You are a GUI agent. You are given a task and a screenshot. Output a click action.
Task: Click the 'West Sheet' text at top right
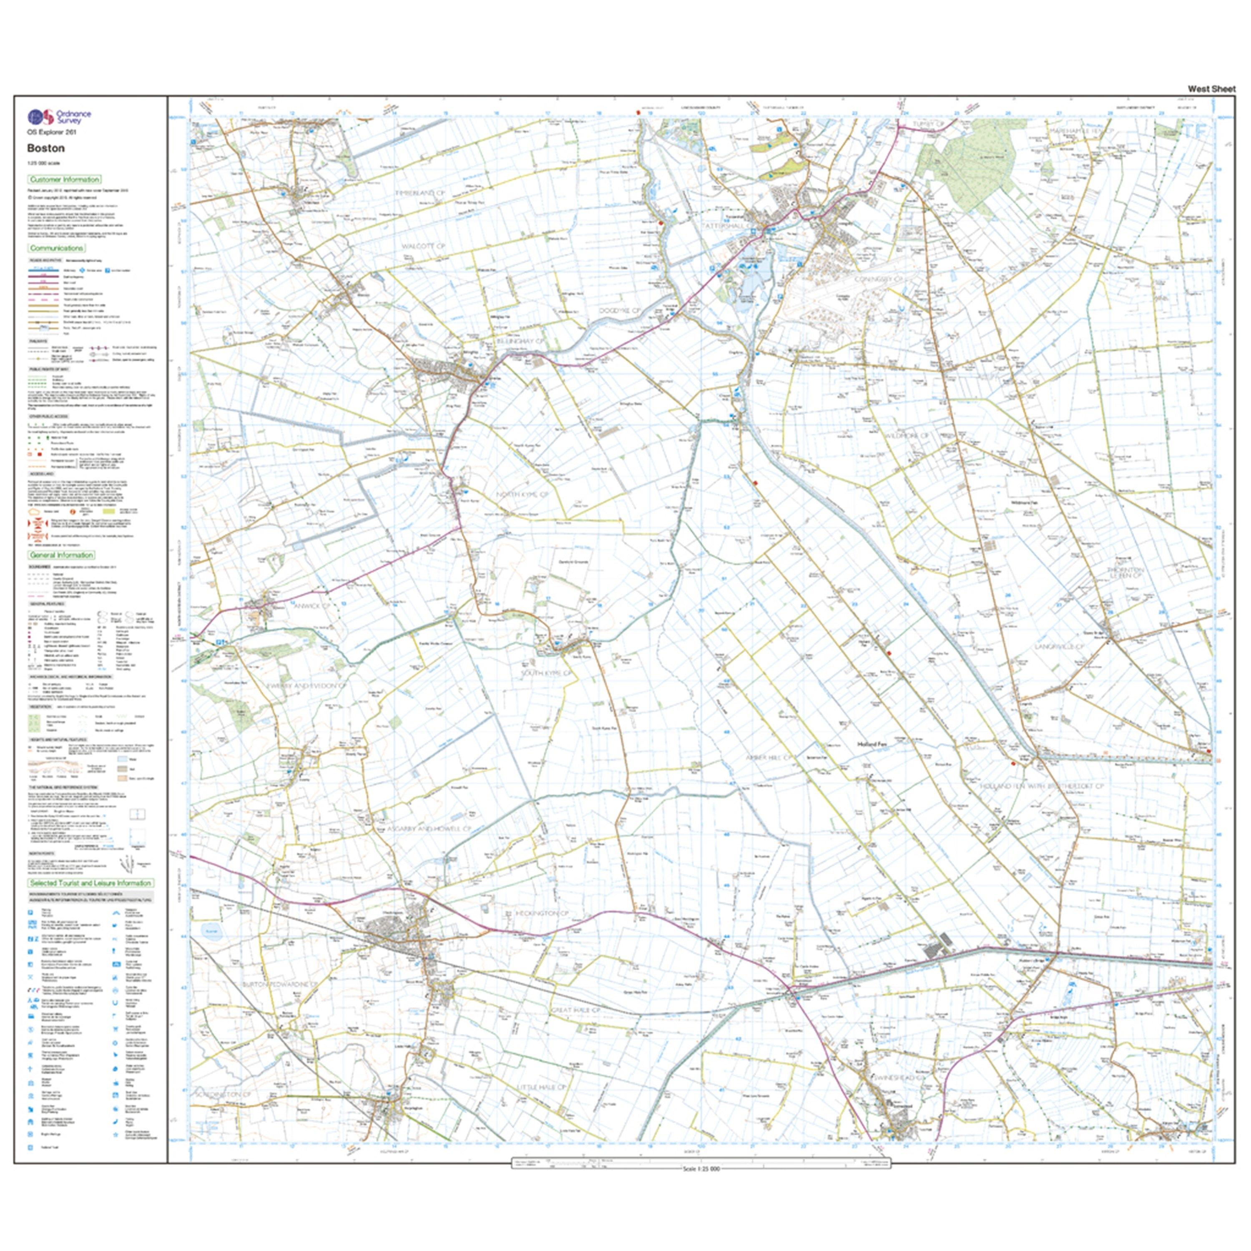pos(1211,89)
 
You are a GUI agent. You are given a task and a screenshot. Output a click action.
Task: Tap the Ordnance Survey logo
pos(59,117)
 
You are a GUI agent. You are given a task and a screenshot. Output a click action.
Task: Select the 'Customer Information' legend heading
pos(64,179)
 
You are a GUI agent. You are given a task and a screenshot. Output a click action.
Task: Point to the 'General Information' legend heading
pos(62,555)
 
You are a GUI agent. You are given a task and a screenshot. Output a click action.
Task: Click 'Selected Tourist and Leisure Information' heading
pos(90,882)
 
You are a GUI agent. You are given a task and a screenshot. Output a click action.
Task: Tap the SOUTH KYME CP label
pos(546,673)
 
